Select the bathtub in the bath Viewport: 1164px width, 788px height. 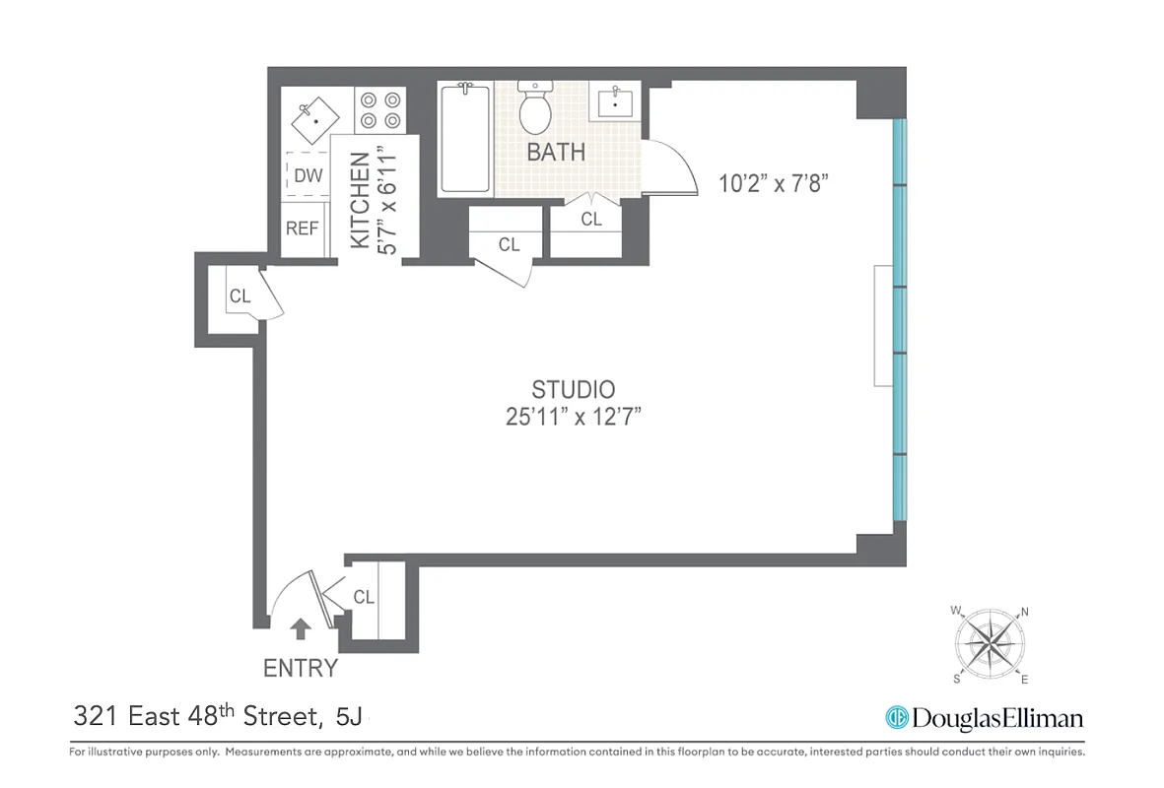click(464, 139)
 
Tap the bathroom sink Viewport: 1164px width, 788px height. click(617, 101)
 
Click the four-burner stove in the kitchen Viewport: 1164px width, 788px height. click(381, 109)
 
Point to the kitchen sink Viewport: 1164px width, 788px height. click(313, 119)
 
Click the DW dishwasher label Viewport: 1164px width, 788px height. click(308, 176)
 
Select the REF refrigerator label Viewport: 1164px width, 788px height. click(303, 229)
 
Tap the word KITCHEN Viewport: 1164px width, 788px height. click(361, 200)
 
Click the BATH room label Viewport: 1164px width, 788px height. click(556, 153)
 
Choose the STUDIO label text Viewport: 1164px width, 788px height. click(573, 388)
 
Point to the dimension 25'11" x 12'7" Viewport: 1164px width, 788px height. click(574, 417)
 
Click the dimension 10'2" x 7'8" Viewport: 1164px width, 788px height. click(779, 182)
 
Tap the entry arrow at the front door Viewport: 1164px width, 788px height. click(301, 626)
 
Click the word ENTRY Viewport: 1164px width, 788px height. click(301, 668)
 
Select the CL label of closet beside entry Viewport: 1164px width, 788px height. click(364, 597)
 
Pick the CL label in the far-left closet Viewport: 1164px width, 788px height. click(240, 295)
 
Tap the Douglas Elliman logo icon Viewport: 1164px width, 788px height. click(897, 718)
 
